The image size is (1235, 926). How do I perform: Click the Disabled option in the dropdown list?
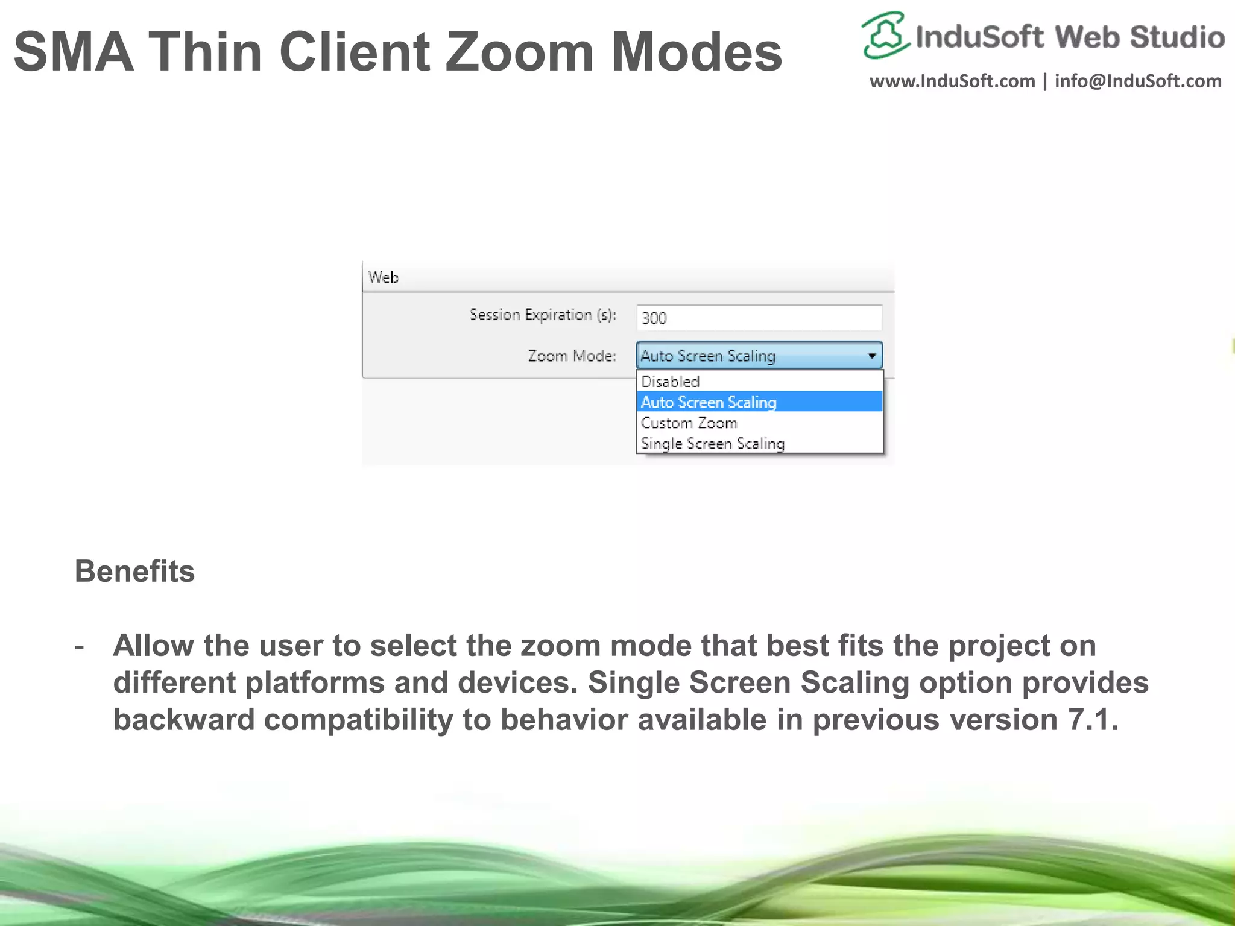(670, 382)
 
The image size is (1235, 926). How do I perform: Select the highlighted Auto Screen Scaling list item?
(709, 402)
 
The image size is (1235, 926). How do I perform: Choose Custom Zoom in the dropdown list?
(689, 423)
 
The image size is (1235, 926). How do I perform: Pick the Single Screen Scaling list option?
(713, 444)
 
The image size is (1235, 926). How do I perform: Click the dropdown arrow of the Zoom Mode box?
(872, 356)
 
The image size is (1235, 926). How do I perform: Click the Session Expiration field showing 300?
(759, 318)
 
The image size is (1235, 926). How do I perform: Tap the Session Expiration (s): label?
(543, 315)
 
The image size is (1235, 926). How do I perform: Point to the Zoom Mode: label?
(572, 356)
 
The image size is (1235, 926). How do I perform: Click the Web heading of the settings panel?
(384, 277)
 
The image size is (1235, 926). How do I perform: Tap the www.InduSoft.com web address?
(952, 81)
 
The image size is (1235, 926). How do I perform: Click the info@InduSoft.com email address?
(1138, 81)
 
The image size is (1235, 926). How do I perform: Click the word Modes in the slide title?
(696, 52)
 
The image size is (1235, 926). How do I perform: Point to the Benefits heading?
(135, 571)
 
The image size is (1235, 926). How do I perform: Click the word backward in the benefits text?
(184, 720)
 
